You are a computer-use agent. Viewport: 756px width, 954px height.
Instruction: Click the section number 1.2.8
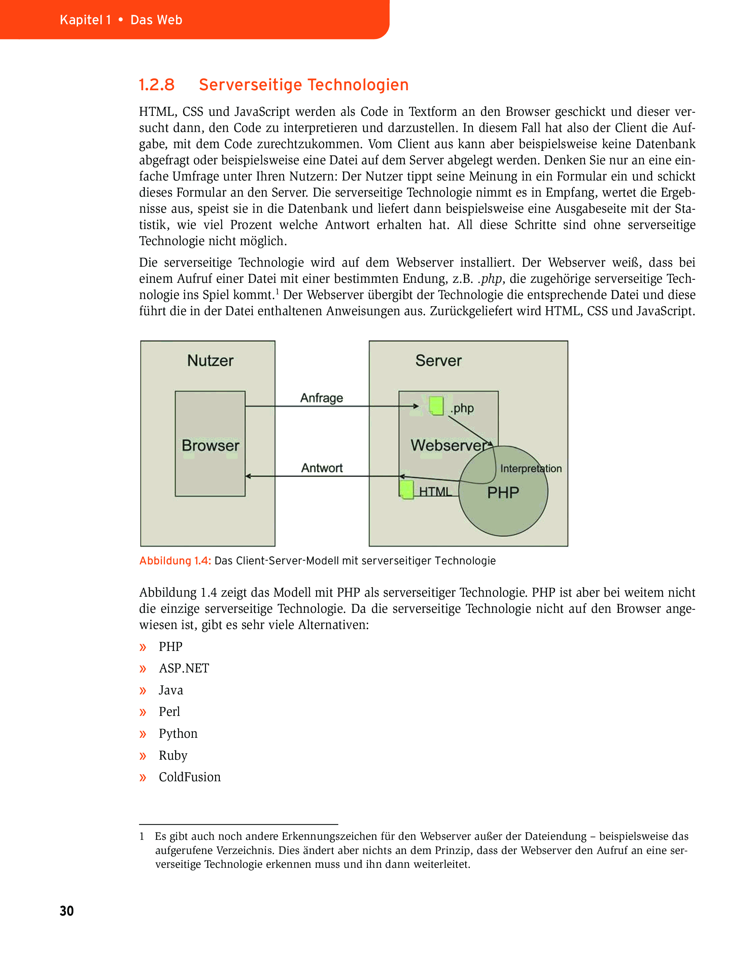(157, 85)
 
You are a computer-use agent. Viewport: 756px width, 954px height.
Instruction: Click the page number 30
(67, 911)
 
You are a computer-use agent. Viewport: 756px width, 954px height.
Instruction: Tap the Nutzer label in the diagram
(210, 361)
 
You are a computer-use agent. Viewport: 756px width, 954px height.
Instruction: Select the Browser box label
(210, 445)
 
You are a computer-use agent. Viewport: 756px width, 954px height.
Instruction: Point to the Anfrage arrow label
(321, 398)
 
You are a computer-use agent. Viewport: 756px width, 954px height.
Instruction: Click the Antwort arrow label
(321, 468)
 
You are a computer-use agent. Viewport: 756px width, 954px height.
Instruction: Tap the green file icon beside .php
(436, 406)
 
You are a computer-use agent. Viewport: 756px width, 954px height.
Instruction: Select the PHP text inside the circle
(503, 492)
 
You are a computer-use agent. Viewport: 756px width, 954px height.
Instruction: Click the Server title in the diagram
(438, 361)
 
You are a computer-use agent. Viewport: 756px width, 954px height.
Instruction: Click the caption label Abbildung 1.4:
(175, 561)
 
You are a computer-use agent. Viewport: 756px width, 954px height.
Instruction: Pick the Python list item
(178, 734)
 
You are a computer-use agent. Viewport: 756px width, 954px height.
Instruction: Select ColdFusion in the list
(189, 777)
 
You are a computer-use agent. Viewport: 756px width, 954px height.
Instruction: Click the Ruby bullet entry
(173, 755)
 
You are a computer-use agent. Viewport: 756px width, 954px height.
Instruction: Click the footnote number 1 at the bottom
(142, 836)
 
